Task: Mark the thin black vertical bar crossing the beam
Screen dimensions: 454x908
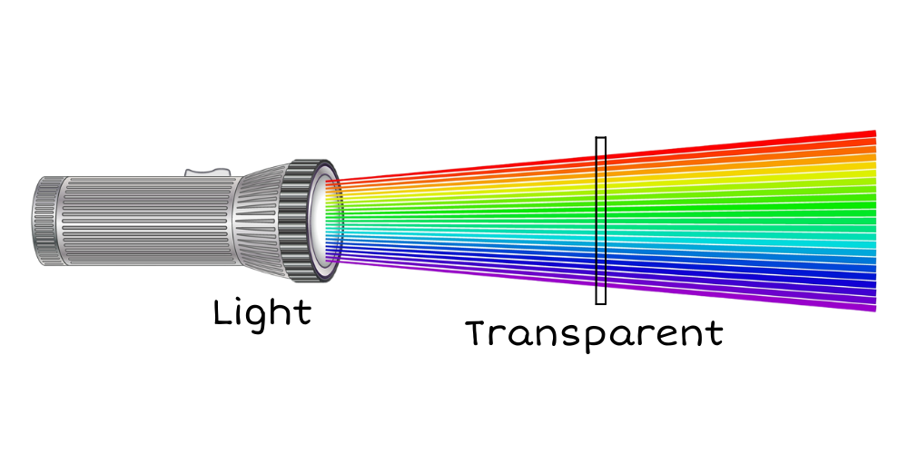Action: [x=601, y=218]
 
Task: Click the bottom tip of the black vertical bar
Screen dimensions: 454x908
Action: [x=601, y=287]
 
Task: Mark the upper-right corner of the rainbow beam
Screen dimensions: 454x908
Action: [x=874, y=131]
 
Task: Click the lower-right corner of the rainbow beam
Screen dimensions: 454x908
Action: [x=874, y=311]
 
